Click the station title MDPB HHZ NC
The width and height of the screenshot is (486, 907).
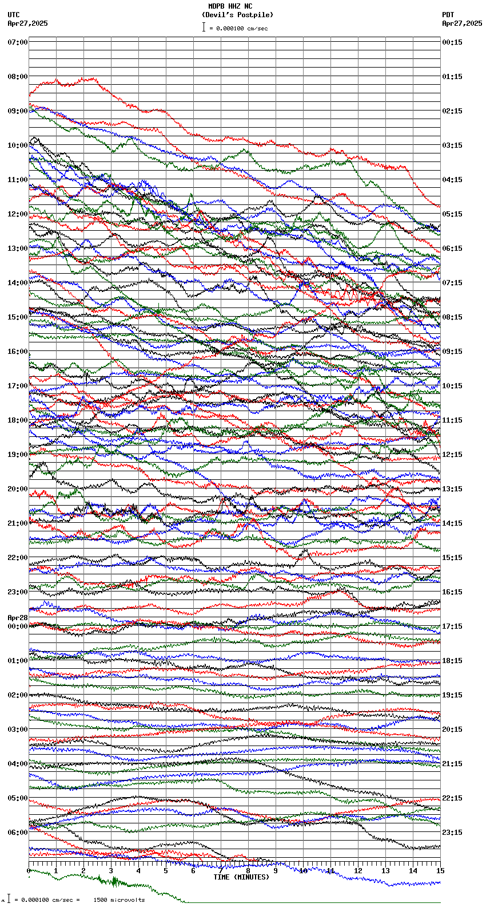point(230,6)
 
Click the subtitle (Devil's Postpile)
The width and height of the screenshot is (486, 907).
point(237,15)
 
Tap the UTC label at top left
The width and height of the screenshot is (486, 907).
point(14,15)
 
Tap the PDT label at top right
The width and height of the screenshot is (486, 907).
point(448,15)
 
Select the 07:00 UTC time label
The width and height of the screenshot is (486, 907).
point(18,42)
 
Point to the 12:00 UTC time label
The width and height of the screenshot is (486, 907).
point(18,214)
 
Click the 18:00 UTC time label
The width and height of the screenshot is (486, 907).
point(18,420)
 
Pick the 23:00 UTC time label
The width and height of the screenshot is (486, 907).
point(18,592)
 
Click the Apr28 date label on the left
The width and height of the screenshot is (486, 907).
point(18,618)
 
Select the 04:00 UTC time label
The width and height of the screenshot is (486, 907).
point(18,764)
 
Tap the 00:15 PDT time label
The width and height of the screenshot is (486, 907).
point(452,42)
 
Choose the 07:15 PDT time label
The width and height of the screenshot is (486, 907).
point(452,283)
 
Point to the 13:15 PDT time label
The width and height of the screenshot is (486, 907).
point(452,489)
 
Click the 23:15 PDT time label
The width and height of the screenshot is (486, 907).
point(452,833)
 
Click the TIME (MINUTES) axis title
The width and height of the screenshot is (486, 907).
point(241,877)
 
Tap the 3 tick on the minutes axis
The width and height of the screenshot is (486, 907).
point(111,871)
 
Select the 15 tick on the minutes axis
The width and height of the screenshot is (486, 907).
point(440,871)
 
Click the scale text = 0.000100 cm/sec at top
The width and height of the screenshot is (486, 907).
point(238,28)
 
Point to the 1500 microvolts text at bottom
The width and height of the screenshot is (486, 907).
point(119,900)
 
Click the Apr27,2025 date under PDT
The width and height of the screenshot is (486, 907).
point(462,23)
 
